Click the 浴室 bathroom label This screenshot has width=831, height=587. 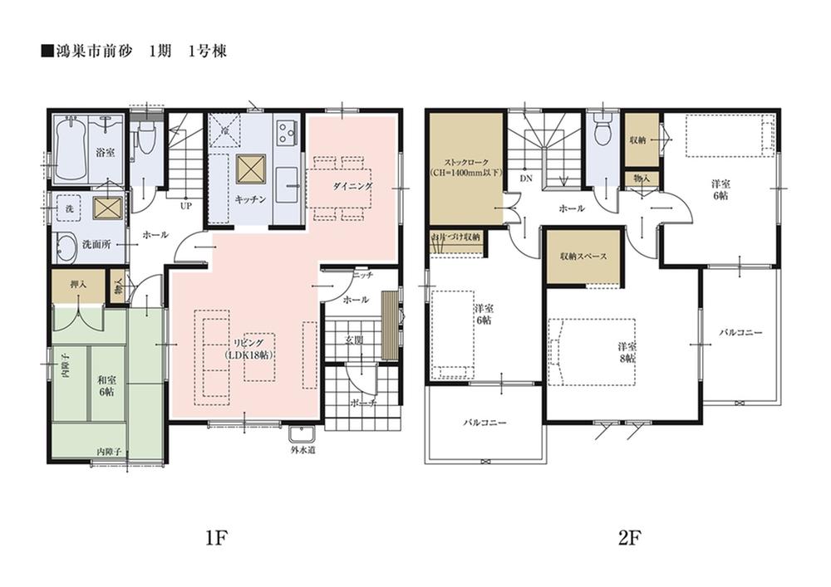tap(104, 153)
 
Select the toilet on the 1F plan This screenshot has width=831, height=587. tap(145, 140)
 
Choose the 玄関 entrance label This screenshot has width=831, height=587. tap(354, 340)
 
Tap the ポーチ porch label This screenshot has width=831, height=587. tap(364, 402)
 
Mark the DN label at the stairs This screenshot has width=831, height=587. tap(525, 179)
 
